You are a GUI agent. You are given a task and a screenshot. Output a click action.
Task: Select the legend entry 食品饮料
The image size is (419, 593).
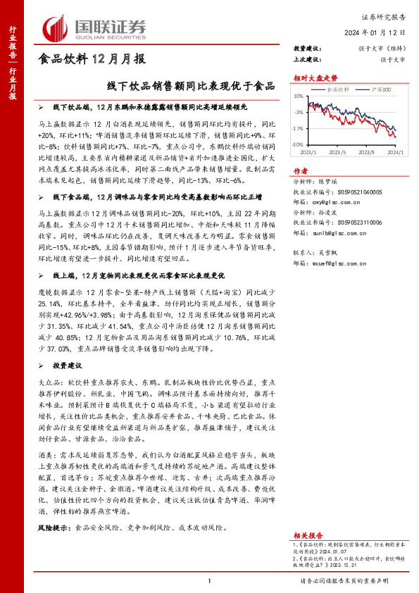(x=339, y=90)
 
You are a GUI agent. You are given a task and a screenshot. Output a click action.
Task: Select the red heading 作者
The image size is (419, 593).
(x=300, y=171)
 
